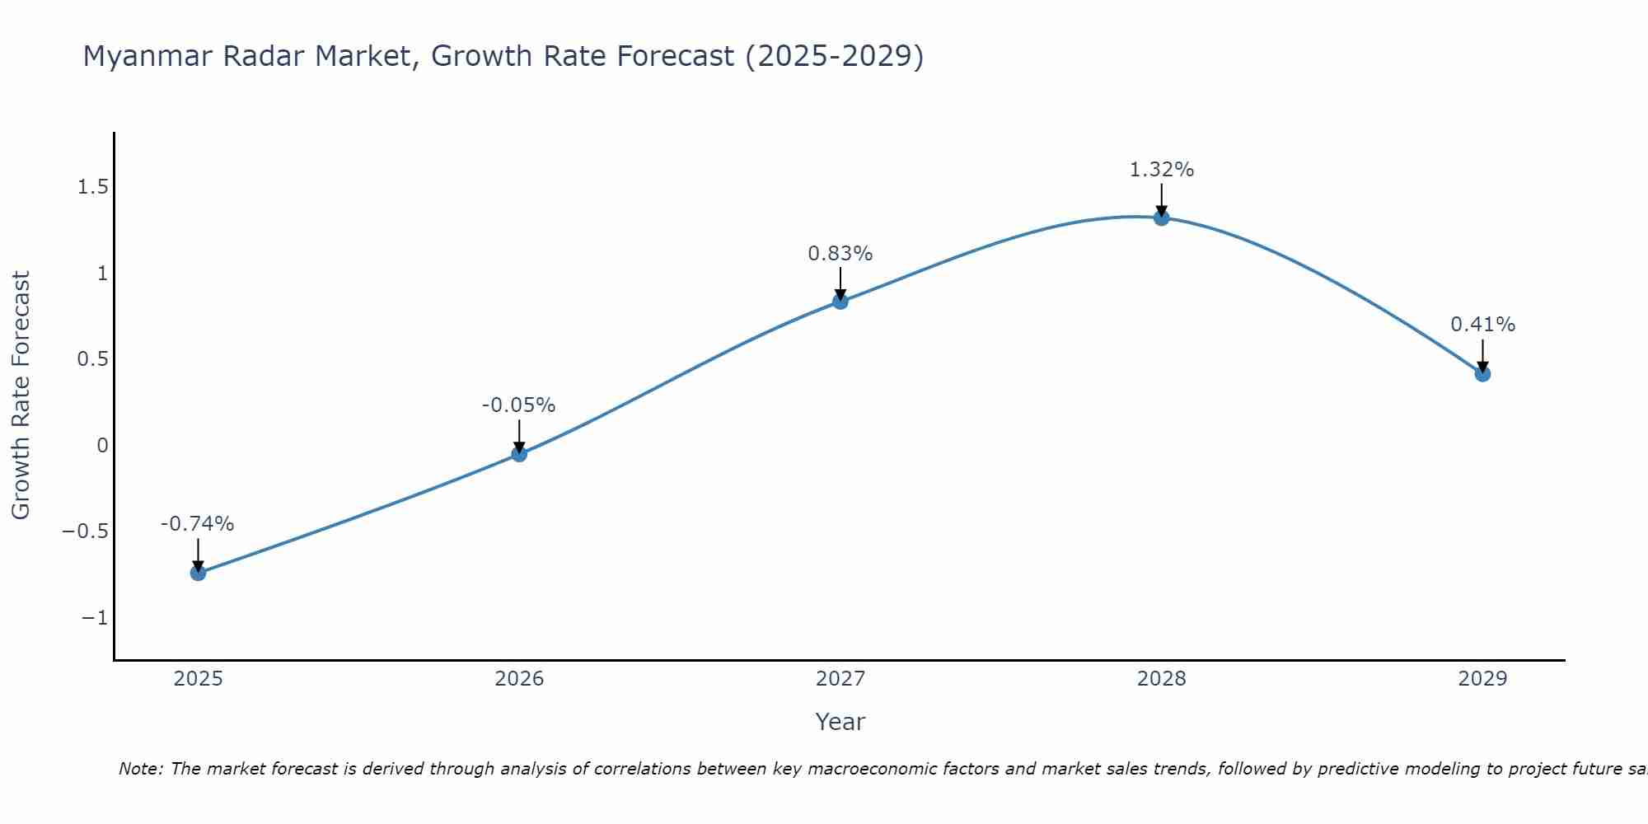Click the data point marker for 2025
198,573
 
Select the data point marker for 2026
519,453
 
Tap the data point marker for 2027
840,302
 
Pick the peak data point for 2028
1161,218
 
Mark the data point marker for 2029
1482,374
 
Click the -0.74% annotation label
197,524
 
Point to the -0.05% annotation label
518,405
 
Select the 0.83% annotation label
840,254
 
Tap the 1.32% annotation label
1161,170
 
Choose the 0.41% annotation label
1482,325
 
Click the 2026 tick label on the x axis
519,679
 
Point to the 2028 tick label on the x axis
1161,679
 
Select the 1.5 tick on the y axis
93,187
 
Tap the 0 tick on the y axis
102,446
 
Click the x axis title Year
840,722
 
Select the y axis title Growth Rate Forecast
21,396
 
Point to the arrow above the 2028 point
1161,199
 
